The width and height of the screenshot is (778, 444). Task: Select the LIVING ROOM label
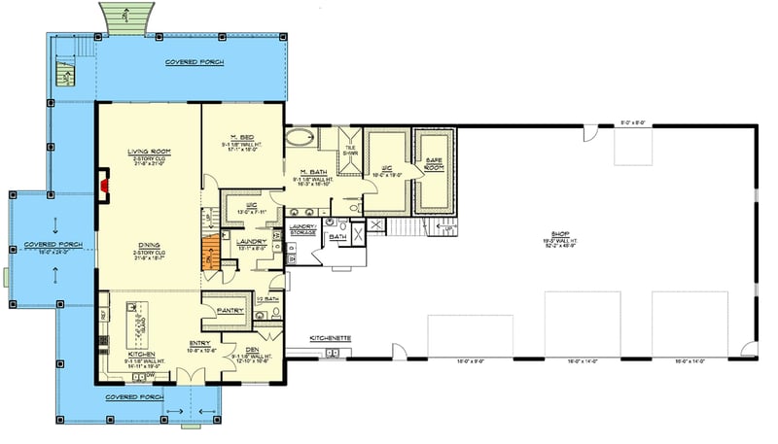click(148, 152)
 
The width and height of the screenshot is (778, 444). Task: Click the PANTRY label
click(230, 311)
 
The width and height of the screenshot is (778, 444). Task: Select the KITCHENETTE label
click(331, 338)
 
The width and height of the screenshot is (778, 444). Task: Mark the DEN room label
click(252, 349)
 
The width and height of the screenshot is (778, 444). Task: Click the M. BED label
click(242, 136)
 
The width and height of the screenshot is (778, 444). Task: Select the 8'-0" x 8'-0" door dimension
click(632, 123)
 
